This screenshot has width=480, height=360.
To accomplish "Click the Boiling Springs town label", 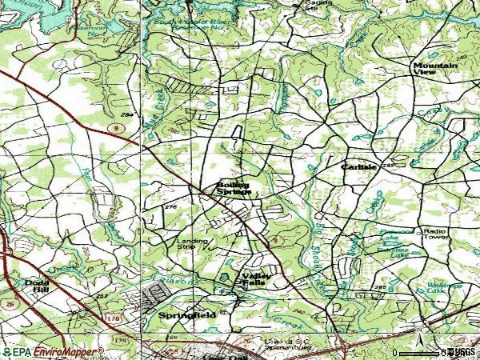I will (x=234, y=188).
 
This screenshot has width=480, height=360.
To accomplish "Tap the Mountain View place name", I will (x=435, y=67).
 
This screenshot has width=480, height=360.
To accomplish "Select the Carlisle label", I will (x=358, y=167).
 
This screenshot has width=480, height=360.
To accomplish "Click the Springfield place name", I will (x=186, y=315).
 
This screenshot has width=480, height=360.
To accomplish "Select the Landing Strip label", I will (x=192, y=244).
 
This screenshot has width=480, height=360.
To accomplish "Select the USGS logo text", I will (x=462, y=352).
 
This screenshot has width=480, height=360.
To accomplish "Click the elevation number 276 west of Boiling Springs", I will (x=169, y=207).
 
